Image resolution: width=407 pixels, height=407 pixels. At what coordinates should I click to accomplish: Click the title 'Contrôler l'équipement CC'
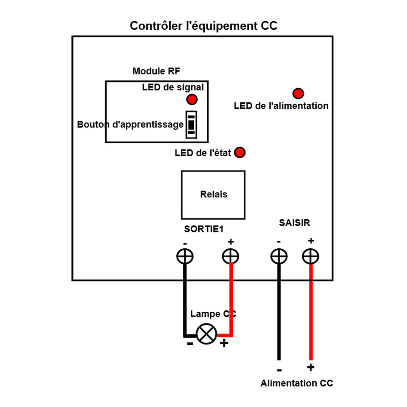(203, 26)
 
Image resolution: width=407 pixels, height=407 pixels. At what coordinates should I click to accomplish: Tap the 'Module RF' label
(156, 71)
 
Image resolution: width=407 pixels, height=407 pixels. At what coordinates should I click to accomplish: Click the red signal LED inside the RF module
(192, 99)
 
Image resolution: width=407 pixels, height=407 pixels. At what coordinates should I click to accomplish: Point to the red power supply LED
(298, 93)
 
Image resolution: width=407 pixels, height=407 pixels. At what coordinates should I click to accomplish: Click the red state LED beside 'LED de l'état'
(240, 153)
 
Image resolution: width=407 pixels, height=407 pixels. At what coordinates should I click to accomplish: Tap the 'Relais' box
(213, 195)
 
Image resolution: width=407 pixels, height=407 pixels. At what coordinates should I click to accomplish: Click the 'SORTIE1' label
(204, 229)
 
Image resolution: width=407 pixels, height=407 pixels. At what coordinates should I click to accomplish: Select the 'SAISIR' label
(295, 223)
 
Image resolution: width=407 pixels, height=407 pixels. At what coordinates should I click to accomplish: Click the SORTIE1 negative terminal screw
(185, 256)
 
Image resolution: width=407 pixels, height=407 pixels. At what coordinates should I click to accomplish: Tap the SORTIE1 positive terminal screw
(231, 256)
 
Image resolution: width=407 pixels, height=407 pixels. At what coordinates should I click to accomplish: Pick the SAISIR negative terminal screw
(279, 256)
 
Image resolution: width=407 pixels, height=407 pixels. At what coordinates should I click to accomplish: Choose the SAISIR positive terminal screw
(311, 256)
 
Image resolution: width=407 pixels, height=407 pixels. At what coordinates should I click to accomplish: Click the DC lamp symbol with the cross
(207, 335)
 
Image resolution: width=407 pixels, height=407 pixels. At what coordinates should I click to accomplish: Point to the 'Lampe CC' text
(213, 314)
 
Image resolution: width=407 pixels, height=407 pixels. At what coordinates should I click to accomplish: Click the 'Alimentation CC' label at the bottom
(297, 383)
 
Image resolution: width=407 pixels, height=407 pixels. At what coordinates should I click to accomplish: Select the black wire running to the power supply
(279, 313)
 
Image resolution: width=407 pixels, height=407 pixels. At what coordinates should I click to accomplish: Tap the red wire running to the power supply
(311, 313)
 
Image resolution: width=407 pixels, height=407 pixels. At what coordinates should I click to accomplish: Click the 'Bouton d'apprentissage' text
(130, 125)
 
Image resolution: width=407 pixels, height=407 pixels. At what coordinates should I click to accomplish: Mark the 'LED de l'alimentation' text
(281, 106)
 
